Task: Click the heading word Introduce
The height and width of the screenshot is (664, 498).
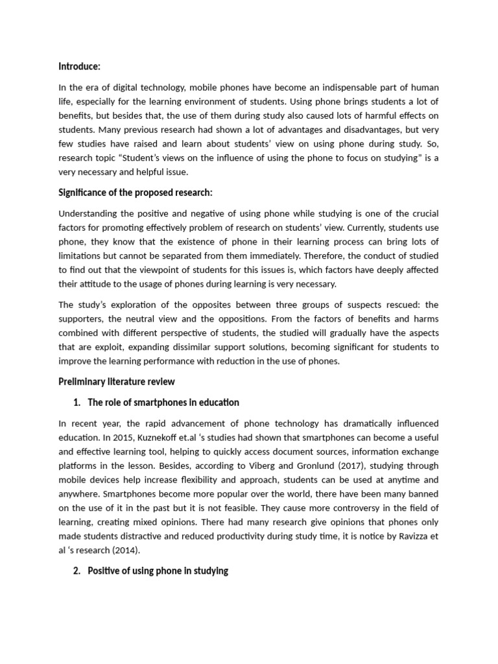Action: (x=79, y=66)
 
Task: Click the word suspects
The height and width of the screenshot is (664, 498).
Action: (x=343, y=305)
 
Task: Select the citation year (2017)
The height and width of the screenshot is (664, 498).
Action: (x=385, y=466)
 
